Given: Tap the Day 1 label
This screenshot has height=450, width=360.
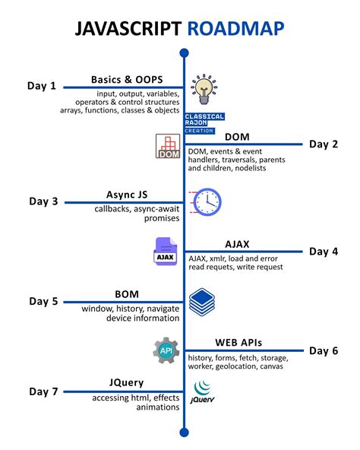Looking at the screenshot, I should (x=43, y=86).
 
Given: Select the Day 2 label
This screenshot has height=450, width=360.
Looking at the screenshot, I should (x=324, y=144).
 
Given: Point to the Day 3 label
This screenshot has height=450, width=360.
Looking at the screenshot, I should (x=43, y=201).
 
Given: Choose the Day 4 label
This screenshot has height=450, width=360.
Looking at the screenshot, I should (x=324, y=251).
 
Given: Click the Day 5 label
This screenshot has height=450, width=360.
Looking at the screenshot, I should (x=43, y=301).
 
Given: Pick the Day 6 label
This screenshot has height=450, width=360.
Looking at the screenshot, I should (x=324, y=350).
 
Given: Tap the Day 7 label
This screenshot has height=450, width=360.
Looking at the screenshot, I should (x=43, y=391).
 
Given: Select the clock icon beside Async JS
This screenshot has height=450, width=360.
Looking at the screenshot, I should (x=206, y=201).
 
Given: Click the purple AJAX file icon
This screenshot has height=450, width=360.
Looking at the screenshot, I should (x=164, y=253).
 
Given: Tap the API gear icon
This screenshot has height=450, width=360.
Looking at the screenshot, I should (x=165, y=350).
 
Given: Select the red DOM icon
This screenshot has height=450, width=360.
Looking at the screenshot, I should (x=167, y=147).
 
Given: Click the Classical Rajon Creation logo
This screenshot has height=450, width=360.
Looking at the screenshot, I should (x=204, y=122).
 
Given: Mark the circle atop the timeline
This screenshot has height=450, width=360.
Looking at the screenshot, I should (x=184, y=52).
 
